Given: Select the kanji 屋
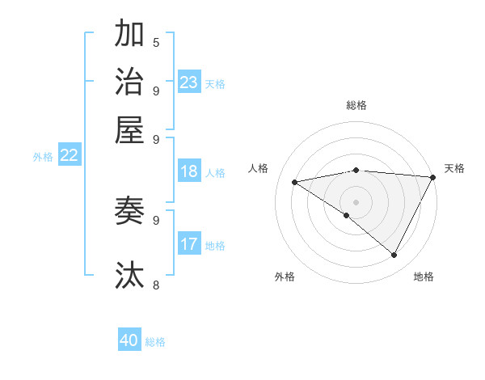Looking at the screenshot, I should [x=129, y=129].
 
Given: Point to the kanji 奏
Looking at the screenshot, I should [x=129, y=211].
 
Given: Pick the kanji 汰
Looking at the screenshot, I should [x=129, y=275].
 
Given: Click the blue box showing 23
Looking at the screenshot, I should [x=189, y=82].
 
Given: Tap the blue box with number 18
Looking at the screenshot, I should [x=189, y=171].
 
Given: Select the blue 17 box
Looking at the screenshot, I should [x=189, y=243].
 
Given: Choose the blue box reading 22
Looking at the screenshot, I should [x=69, y=155].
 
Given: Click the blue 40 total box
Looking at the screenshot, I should [x=129, y=340].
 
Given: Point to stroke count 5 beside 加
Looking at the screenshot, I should [x=156, y=42].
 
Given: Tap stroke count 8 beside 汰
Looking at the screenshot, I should [x=156, y=285].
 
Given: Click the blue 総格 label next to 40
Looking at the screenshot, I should [x=156, y=342].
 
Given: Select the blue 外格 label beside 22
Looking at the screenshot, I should [x=43, y=157].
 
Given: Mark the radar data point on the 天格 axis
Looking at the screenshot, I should [x=432, y=177].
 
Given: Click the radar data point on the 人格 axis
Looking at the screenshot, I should [x=295, y=182].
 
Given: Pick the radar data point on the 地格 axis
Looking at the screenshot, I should [x=394, y=255].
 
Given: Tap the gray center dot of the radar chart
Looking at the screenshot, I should [x=356, y=201].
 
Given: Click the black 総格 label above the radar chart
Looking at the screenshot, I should [x=356, y=105].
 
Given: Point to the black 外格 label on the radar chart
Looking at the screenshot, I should [x=285, y=277].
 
